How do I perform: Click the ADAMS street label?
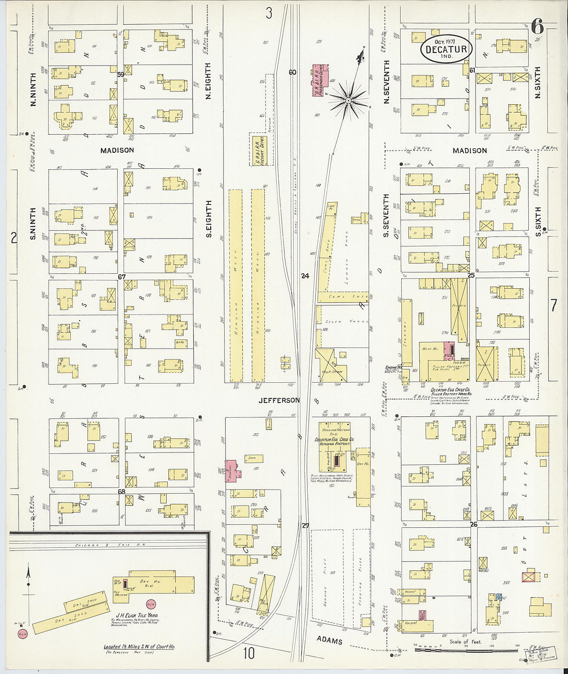329,641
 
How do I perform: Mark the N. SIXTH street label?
538,83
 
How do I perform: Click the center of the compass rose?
348,99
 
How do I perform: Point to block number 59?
121,75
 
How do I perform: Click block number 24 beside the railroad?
305,276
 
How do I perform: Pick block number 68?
121,491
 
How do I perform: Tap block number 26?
474,525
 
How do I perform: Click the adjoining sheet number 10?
249,653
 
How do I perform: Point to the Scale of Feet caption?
465,642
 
